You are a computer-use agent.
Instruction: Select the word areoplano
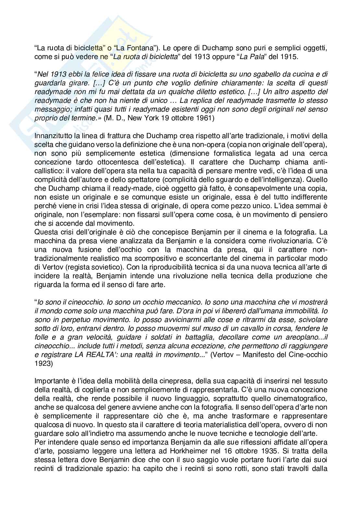pyautogui.click(x=295, y=337)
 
